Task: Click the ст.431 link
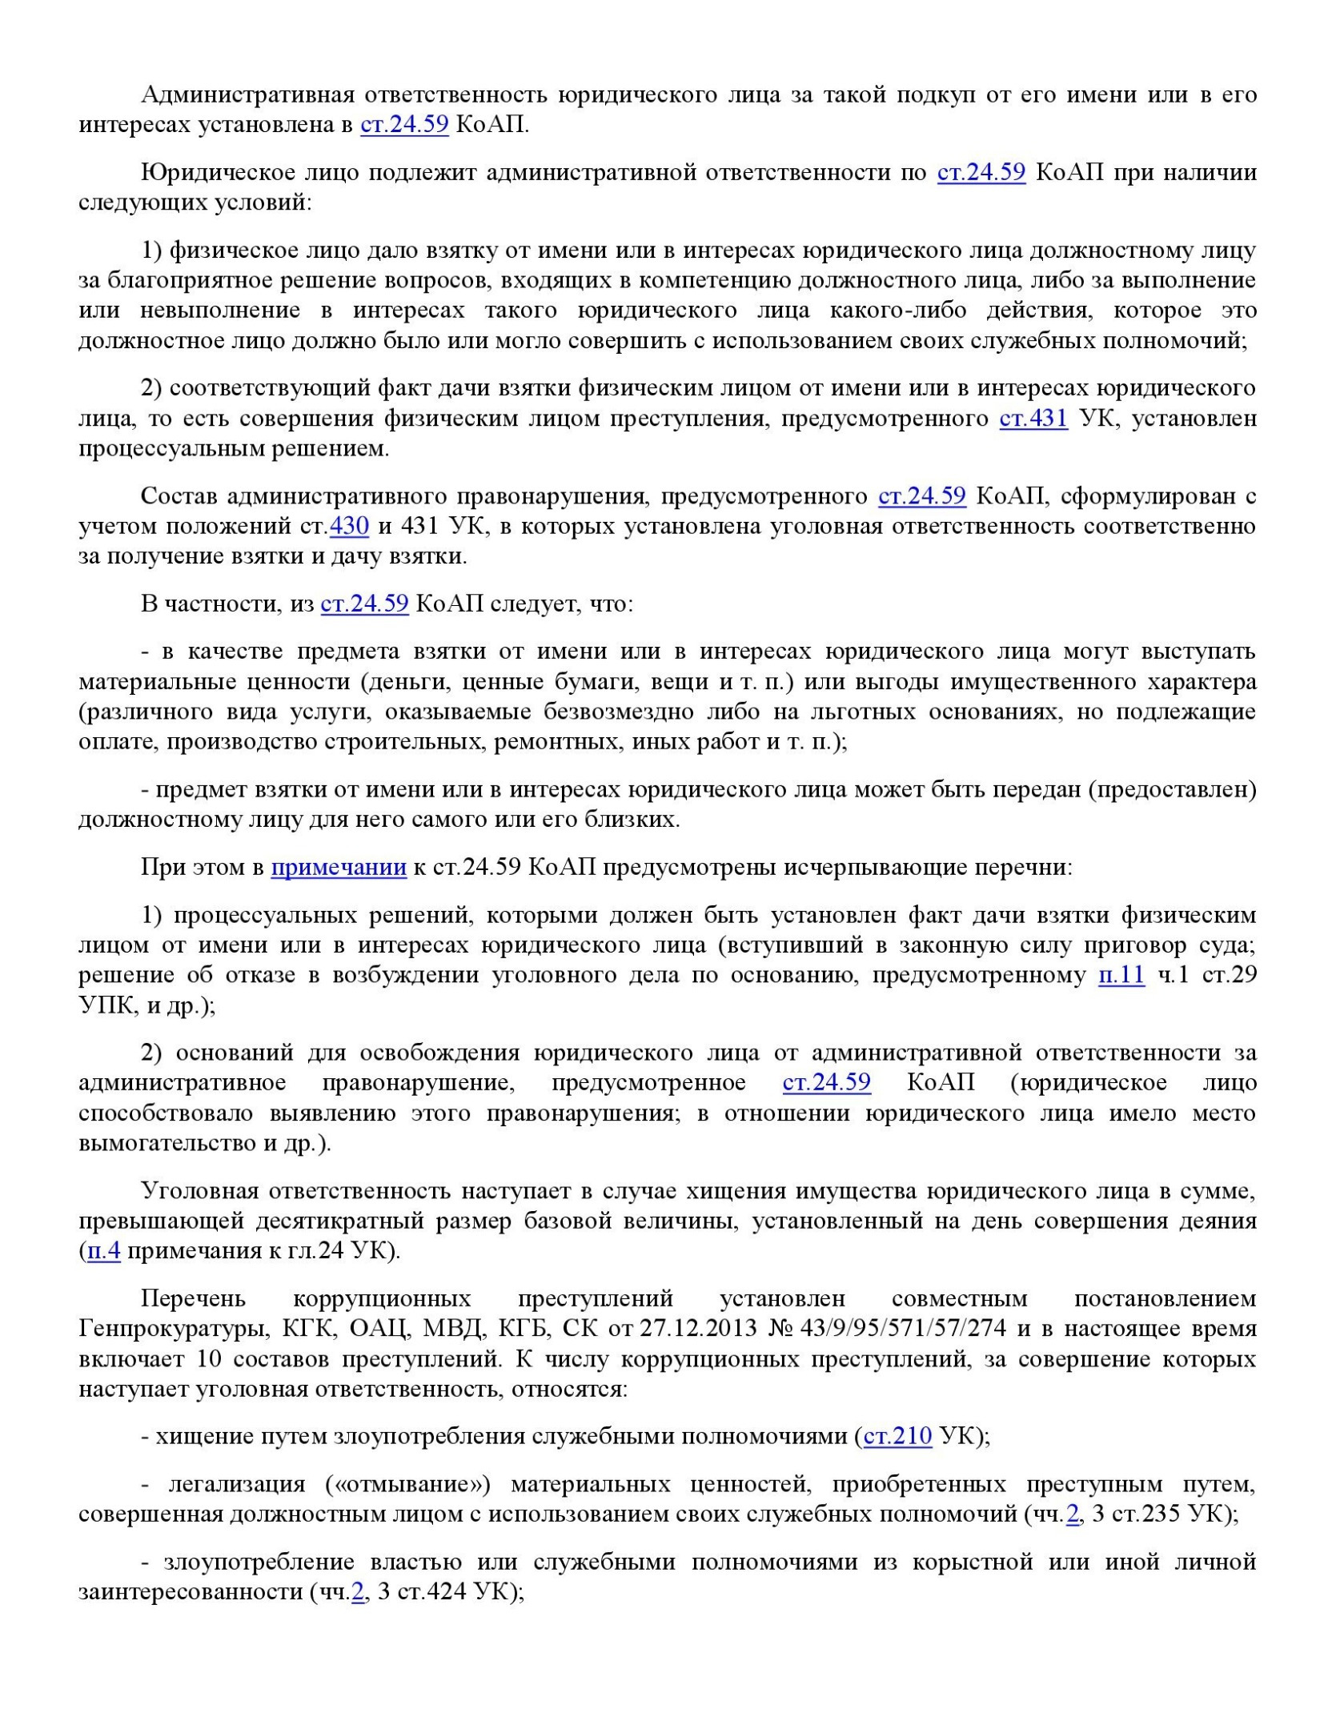[1033, 419]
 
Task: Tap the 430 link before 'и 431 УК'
[349, 527]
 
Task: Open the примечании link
[339, 867]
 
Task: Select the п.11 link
[1121, 975]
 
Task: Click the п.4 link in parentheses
[104, 1251]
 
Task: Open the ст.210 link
[897, 1436]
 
